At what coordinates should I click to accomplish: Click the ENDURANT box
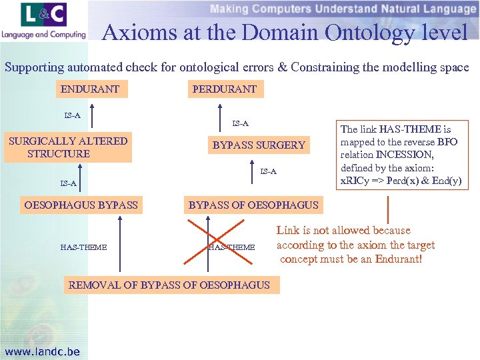click(90, 89)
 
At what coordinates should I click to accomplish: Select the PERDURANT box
click(224, 89)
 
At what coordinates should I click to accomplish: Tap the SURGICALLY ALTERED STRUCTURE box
click(67, 147)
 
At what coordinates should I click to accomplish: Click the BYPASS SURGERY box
click(259, 145)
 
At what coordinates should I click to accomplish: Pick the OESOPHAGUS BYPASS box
click(81, 205)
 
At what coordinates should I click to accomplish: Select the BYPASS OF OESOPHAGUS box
click(253, 205)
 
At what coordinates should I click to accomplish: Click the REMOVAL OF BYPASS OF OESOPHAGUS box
click(169, 285)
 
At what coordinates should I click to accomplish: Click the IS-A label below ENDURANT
click(72, 116)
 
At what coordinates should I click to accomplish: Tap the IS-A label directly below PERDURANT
click(240, 124)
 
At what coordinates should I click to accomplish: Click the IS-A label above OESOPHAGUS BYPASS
click(68, 183)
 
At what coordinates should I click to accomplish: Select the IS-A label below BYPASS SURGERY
click(268, 172)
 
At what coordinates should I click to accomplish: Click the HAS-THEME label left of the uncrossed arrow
click(83, 247)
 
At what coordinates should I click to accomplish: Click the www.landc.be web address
click(42, 351)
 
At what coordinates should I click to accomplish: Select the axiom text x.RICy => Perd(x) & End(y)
click(401, 181)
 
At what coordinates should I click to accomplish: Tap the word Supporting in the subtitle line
click(32, 67)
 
